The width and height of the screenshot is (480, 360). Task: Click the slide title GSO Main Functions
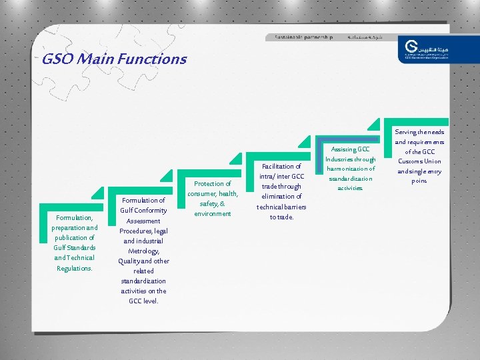[x=114, y=59]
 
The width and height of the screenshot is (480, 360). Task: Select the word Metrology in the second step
[x=143, y=251]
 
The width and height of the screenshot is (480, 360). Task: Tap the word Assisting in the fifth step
[x=343, y=149]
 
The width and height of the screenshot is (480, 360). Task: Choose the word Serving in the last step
[x=407, y=132]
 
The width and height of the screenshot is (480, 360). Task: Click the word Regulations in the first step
[x=74, y=268]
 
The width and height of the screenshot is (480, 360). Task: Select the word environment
[x=213, y=213]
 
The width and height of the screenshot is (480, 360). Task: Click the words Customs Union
[x=419, y=161]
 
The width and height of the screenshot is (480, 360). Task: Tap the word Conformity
[x=151, y=211]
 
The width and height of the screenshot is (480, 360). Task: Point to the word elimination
[x=282, y=196]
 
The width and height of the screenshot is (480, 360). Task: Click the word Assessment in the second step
[x=143, y=221]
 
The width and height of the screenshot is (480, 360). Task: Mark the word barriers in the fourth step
[x=294, y=207]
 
